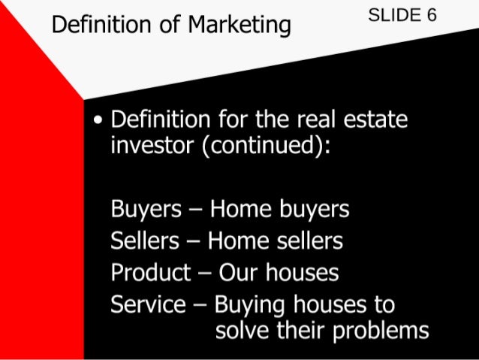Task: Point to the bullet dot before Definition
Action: (x=98, y=121)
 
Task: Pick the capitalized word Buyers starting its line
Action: (x=145, y=209)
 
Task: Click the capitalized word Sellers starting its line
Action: (x=145, y=241)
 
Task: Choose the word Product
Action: (x=150, y=272)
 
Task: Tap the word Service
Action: (x=148, y=304)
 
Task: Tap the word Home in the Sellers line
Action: (x=232, y=241)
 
